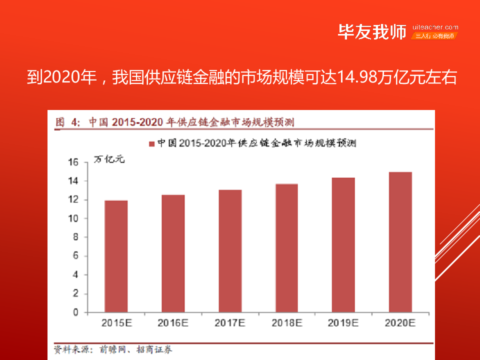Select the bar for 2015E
pos(116,256)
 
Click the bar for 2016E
pos(173,253)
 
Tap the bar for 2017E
pos(230,251)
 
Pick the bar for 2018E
pos(286,248)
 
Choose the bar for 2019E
pos(343,245)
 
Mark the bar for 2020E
pos(400,242)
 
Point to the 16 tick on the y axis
pos(73,162)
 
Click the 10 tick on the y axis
pos(73,218)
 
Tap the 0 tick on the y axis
pos(76,312)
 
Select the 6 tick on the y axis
pos(76,256)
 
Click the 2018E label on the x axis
pos(286,323)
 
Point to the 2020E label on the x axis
pos(400,323)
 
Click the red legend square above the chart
pos(152,143)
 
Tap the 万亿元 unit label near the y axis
pos(108,160)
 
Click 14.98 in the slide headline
pos(358,78)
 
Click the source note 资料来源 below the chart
pos(70,350)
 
